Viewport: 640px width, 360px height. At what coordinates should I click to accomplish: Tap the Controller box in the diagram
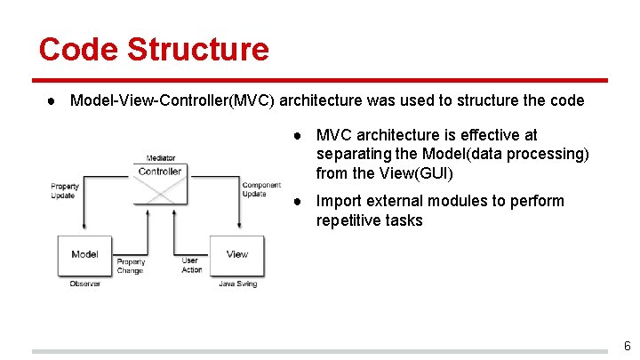[160, 179]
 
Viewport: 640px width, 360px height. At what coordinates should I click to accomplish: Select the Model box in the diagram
[84, 255]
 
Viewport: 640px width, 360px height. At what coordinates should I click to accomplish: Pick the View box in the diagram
[236, 255]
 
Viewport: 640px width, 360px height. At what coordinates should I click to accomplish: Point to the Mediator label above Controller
[160, 158]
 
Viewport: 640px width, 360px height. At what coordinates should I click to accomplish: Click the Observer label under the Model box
[84, 284]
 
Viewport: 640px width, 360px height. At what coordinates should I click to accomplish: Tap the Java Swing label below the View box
[237, 284]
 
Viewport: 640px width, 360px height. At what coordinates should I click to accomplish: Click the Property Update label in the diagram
[65, 190]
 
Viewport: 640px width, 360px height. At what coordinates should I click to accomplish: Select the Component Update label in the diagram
[261, 189]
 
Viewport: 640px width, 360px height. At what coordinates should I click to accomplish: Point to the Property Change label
[131, 266]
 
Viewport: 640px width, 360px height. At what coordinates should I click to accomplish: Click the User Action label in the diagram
[191, 265]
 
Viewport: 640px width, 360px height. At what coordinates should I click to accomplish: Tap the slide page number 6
[627, 346]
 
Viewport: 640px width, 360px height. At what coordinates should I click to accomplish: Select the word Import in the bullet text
[340, 201]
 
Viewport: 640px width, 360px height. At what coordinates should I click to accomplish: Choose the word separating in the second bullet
[356, 155]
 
